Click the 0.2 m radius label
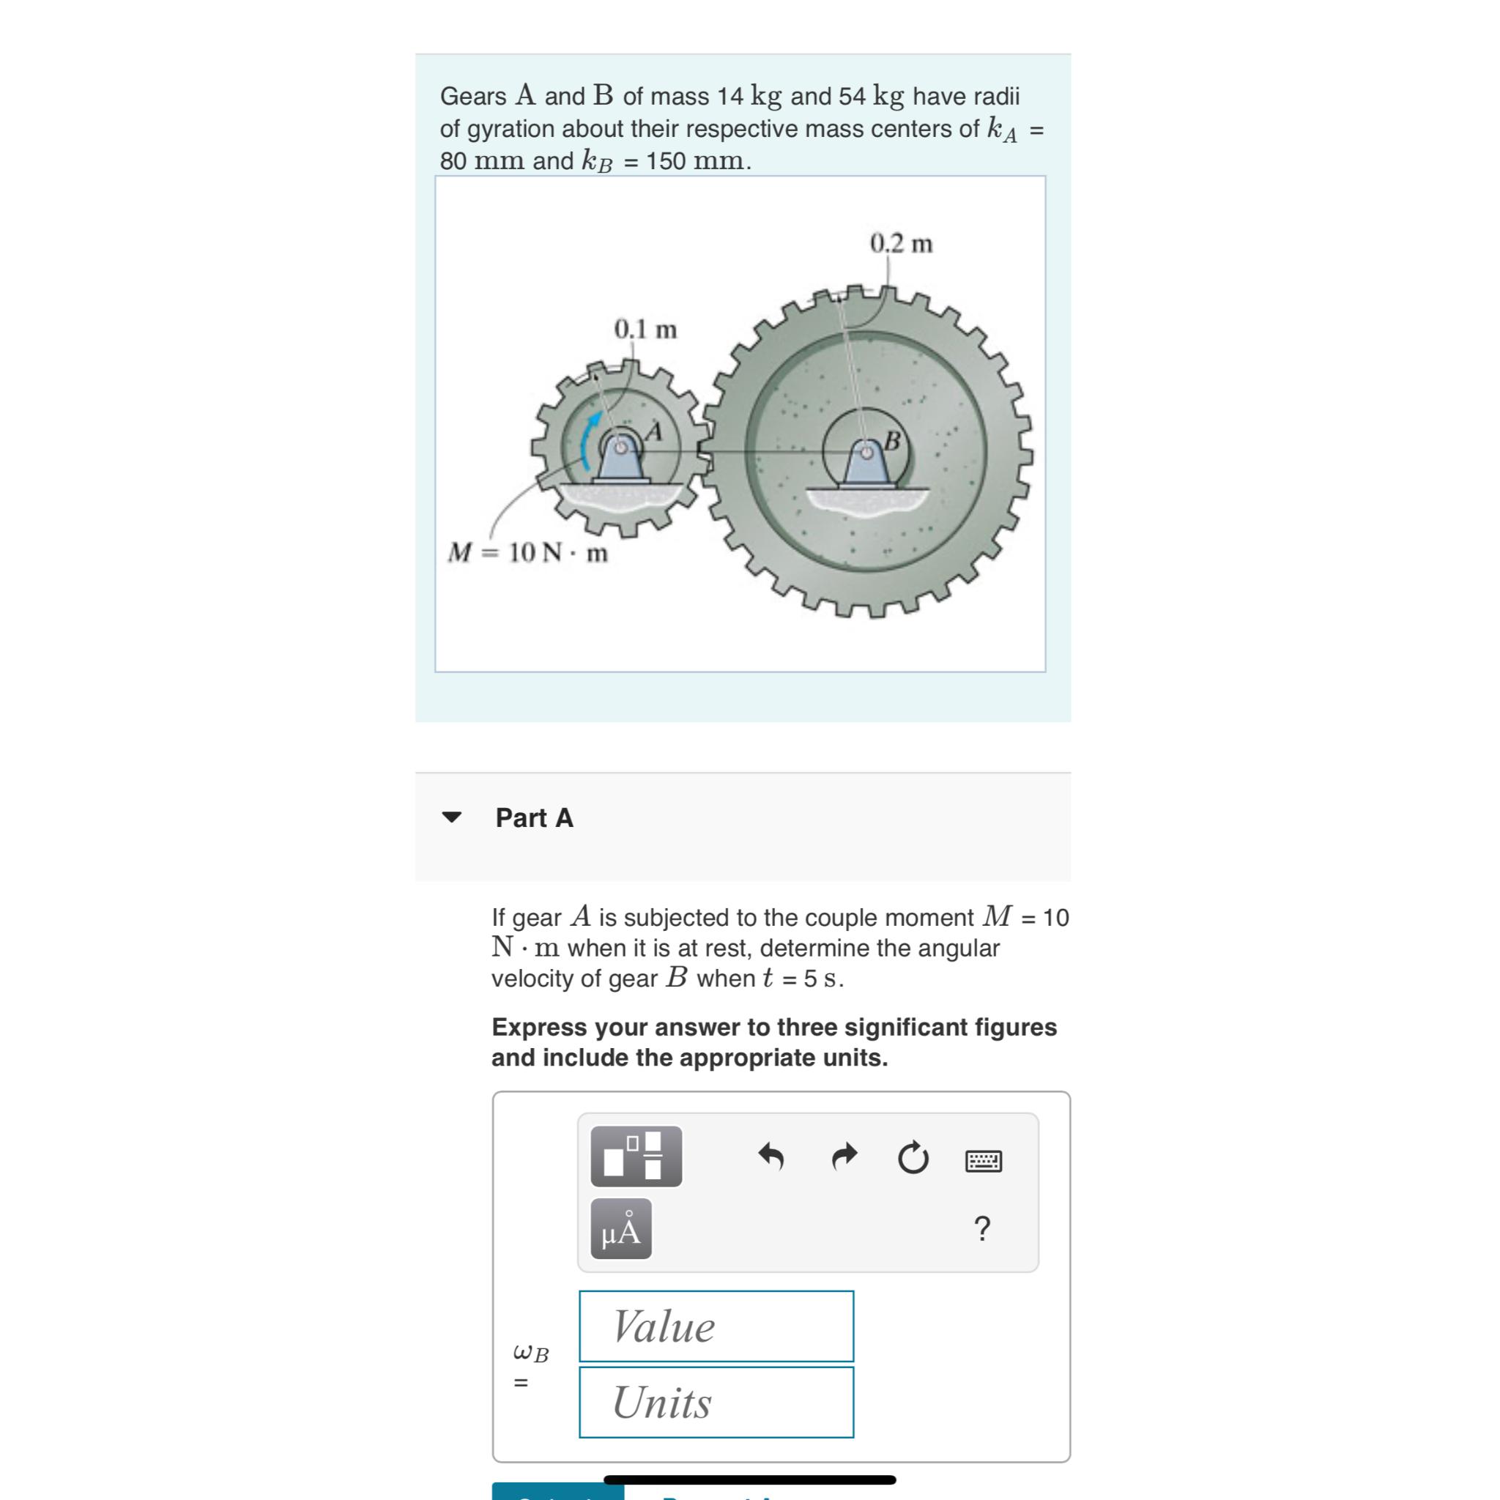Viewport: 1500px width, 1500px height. pyautogui.click(x=901, y=244)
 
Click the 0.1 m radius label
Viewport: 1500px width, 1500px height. pyautogui.click(x=645, y=329)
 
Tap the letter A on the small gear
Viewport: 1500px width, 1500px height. pyautogui.click(x=655, y=431)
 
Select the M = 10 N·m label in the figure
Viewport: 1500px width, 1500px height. pyautogui.click(x=528, y=553)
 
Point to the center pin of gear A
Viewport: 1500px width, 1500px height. pyautogui.click(x=620, y=448)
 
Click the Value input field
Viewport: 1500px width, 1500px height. pyautogui.click(x=716, y=1326)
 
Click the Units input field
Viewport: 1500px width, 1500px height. pyautogui.click(x=716, y=1402)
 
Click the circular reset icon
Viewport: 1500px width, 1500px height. pyautogui.click(x=913, y=1159)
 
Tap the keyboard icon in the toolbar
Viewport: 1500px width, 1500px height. pyautogui.click(x=983, y=1161)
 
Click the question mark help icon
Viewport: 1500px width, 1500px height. pyautogui.click(x=981, y=1229)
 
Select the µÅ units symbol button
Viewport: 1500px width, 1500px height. pyautogui.click(x=621, y=1229)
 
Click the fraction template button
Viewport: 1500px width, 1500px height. pyautogui.click(x=636, y=1156)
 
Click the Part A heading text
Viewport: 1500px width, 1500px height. pyautogui.click(x=534, y=817)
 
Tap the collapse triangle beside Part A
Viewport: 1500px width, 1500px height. pyautogui.click(x=451, y=817)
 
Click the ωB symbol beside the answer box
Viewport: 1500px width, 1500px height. pyautogui.click(x=531, y=1354)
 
